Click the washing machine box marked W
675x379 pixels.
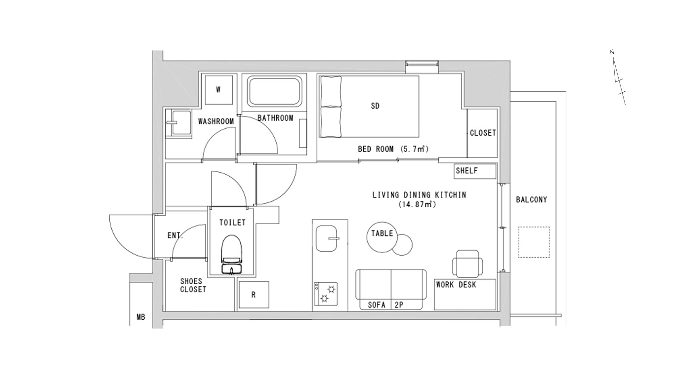coord(219,90)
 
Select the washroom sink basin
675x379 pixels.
coord(180,123)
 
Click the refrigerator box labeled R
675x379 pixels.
coord(253,295)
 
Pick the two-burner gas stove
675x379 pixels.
coord(326,294)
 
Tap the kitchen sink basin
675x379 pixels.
coord(326,238)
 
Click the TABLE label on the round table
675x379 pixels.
coord(382,233)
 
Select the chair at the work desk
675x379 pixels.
coord(467,264)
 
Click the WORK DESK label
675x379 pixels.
coord(456,284)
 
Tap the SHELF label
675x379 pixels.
coord(467,171)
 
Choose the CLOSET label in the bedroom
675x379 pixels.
coord(483,133)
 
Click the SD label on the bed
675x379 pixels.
coord(375,106)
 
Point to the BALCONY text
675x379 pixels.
coord(531,199)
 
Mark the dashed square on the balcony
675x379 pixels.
coord(534,242)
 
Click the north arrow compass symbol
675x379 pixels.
coord(617,81)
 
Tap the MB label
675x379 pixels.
coord(141,317)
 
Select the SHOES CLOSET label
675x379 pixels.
coord(193,285)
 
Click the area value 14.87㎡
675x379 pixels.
coord(418,204)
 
